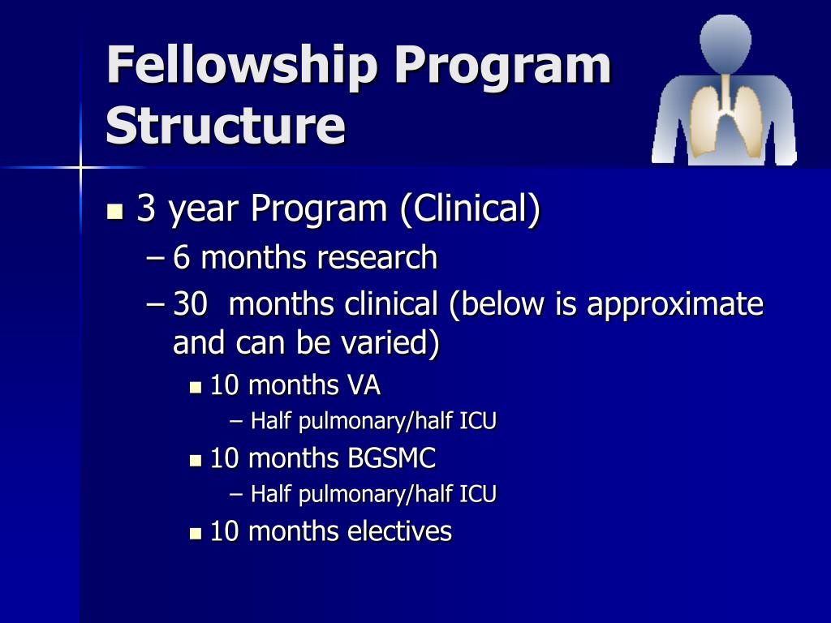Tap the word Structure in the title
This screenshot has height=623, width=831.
(226, 127)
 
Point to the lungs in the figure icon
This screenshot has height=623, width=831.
(724, 114)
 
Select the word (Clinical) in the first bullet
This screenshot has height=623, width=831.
(469, 210)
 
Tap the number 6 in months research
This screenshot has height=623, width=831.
(181, 258)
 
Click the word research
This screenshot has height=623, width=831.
(377, 258)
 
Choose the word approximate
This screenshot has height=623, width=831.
(675, 305)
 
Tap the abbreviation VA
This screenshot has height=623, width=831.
(364, 385)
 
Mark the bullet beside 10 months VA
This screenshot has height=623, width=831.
(196, 387)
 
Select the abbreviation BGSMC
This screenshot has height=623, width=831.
(392, 458)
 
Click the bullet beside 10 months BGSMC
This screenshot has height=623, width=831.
(196, 460)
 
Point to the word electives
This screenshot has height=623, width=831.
(400, 531)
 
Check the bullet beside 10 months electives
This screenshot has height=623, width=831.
(196, 533)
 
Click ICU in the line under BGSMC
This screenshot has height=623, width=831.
(480, 494)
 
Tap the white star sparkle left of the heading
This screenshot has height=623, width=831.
(82, 168)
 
